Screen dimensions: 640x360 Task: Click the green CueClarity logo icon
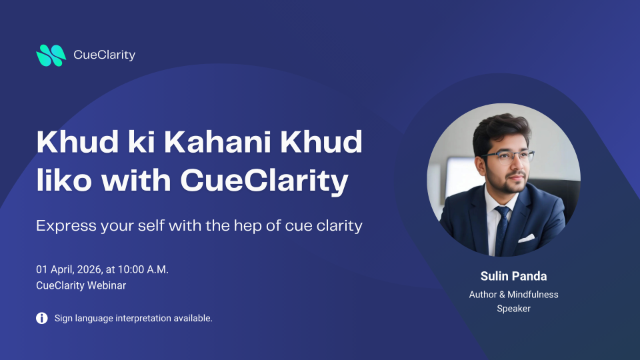point(51,55)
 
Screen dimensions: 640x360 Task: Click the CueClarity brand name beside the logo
point(105,55)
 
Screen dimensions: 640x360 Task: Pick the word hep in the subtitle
point(247,226)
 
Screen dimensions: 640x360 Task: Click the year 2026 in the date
point(89,269)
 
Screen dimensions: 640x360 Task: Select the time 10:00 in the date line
point(131,269)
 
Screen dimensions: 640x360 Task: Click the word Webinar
point(107,285)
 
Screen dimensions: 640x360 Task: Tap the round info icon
point(41,318)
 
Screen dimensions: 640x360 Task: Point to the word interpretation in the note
point(143,319)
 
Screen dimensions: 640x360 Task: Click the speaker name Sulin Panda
point(513,276)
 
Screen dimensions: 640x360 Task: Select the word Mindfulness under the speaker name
point(533,295)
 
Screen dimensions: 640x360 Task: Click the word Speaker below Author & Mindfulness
point(513,309)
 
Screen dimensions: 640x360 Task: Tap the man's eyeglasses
point(509,157)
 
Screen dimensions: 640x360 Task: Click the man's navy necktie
point(502,229)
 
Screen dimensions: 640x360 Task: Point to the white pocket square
point(527,238)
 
